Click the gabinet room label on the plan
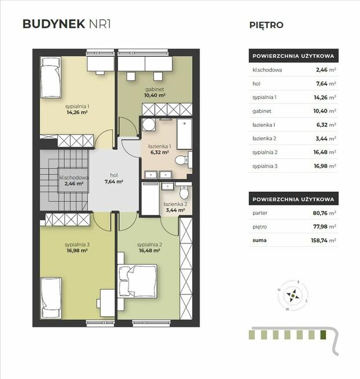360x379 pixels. click(155, 89)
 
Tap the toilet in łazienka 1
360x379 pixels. click(183, 160)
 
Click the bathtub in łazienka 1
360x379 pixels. click(185, 134)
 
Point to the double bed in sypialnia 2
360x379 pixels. click(137, 281)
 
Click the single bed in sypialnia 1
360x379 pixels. click(50, 77)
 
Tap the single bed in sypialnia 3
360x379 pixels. click(51, 298)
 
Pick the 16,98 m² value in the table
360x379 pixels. click(325, 166)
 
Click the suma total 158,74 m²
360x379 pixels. click(324, 240)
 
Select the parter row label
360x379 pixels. click(260, 213)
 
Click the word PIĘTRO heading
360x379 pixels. click(266, 25)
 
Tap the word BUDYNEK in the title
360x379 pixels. click(54, 24)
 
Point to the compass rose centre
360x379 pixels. click(293, 296)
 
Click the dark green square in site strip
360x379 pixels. click(323, 335)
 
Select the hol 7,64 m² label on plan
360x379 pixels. click(114, 178)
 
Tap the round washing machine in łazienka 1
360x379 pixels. click(149, 125)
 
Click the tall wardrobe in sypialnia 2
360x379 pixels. click(186, 269)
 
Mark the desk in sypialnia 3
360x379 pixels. click(108, 303)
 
